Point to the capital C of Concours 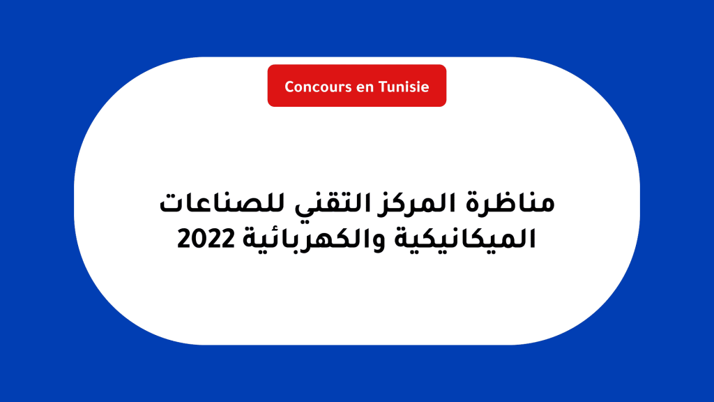click(290, 87)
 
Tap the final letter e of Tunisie click(425, 88)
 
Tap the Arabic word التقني click(330, 204)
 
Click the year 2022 click(206, 239)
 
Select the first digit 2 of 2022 click(184, 239)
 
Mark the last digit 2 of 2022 click(228, 239)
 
